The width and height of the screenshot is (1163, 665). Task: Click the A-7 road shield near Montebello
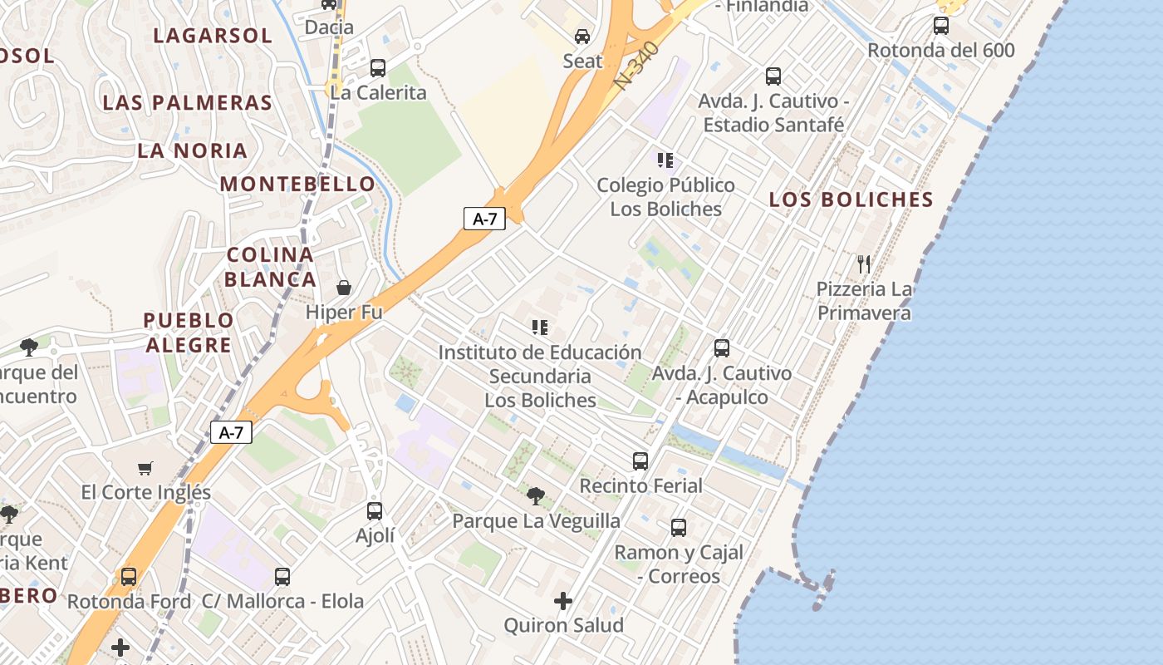[484, 219]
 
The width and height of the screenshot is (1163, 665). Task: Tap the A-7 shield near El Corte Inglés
[231, 432]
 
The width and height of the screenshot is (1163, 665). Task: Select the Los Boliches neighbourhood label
[851, 199]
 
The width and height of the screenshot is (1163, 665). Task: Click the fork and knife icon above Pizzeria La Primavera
[864, 264]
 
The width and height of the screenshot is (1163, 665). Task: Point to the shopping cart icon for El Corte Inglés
[145, 468]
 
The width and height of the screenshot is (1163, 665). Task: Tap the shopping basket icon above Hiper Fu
[344, 288]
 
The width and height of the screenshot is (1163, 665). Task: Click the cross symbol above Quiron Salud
[563, 600]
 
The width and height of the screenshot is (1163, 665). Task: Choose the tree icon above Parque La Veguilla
[536, 496]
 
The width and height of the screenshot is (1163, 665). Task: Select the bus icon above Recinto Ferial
[640, 461]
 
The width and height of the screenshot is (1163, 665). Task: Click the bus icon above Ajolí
[375, 510]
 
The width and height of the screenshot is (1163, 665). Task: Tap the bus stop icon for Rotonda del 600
[940, 25]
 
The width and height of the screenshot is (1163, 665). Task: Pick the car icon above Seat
[582, 37]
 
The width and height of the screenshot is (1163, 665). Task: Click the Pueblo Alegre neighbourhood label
[188, 332]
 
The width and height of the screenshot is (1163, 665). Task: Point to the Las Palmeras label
[187, 102]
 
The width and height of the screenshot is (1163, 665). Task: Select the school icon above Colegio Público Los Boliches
[665, 160]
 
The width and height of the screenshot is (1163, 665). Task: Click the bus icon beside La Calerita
[378, 67]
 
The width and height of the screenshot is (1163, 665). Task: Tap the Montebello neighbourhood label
[297, 184]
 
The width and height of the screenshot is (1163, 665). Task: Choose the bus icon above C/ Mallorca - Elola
[282, 576]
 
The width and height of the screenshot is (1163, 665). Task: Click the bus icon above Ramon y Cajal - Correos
[678, 527]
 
